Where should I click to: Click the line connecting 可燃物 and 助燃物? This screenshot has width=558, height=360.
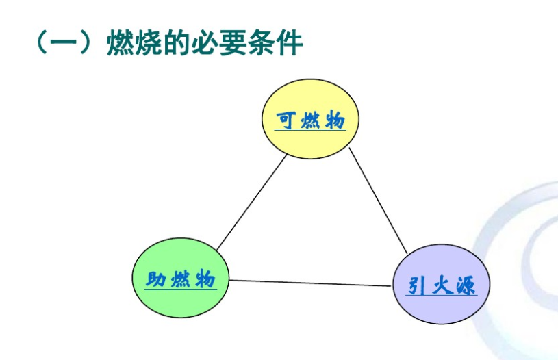pos(251,203)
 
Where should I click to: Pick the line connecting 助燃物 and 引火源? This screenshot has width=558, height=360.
pos(312,283)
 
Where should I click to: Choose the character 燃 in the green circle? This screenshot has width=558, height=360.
pos(181,279)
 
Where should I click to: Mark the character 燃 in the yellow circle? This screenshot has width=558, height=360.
pos(311,120)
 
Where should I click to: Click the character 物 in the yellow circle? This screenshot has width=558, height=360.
pos(335,120)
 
